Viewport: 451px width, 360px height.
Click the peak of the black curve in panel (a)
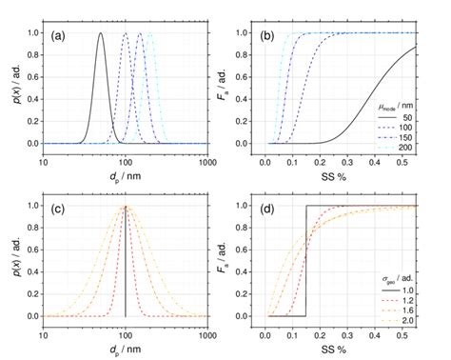point(101,33)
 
